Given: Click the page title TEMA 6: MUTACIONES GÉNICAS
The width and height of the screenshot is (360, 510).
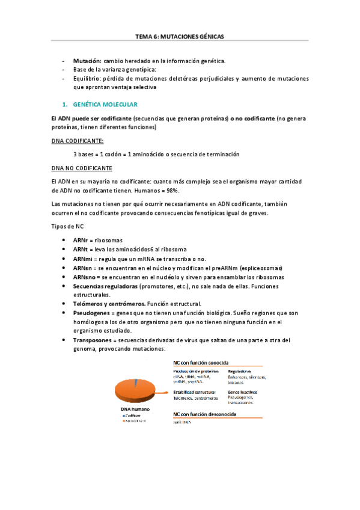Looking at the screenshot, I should pyautogui.click(x=180, y=36).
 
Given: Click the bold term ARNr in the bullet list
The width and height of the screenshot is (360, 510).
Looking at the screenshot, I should pyautogui.click(x=81, y=239).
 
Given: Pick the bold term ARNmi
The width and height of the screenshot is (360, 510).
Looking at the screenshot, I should pyautogui.click(x=83, y=258).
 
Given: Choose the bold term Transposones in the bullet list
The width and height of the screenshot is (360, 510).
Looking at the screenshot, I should pyautogui.click(x=95, y=340).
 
